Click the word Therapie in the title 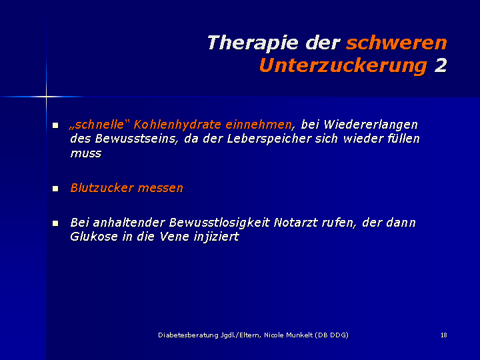click(x=253, y=43)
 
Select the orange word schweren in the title click(x=397, y=43)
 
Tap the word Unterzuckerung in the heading click(x=343, y=66)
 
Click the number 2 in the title click(x=441, y=65)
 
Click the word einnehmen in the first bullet click(x=259, y=125)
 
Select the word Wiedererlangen click(x=371, y=125)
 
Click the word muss click(x=86, y=153)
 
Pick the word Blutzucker click(x=101, y=187)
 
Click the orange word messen click(x=160, y=188)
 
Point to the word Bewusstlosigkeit click(x=219, y=223)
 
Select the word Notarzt click(x=295, y=223)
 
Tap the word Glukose click(x=94, y=237)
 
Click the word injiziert click(x=216, y=237)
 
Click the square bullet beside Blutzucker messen click(x=55, y=189)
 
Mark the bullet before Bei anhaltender click(x=55, y=223)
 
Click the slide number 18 click(x=444, y=335)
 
